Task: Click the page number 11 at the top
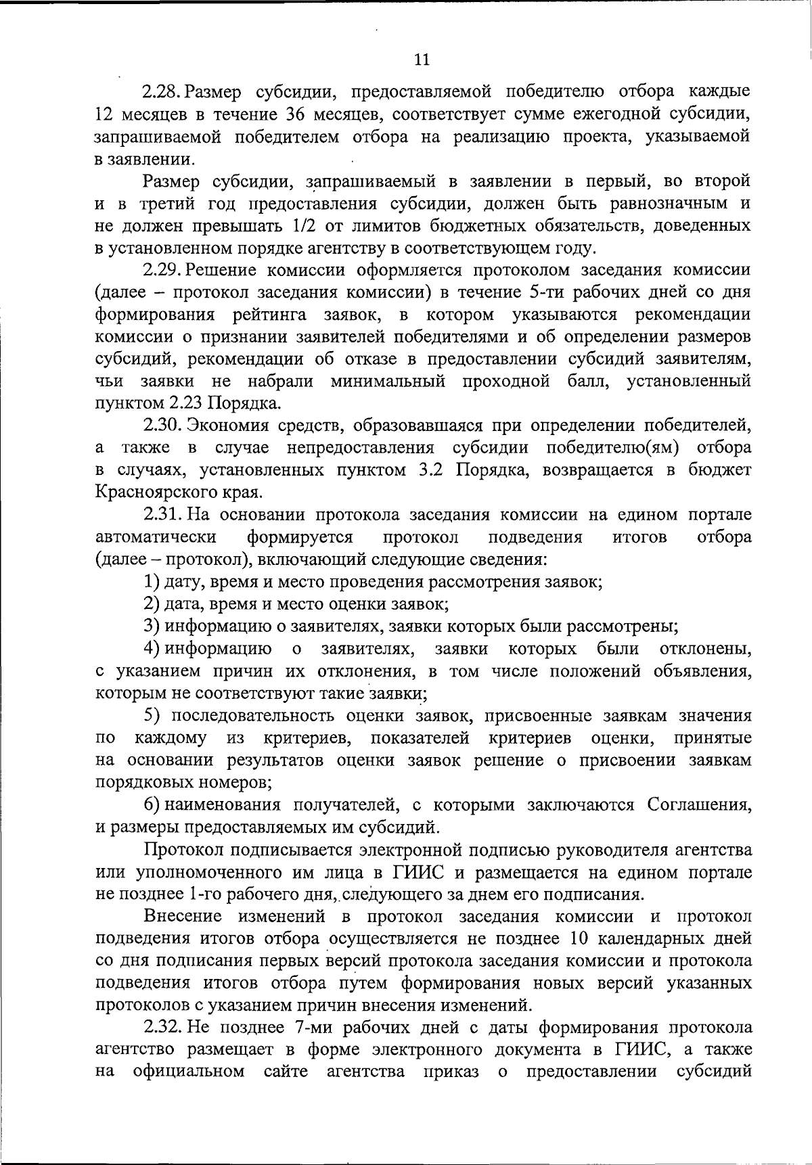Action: pos(421,60)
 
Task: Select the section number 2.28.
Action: pos(162,91)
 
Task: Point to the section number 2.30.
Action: pos(162,426)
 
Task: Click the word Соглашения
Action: pos(699,805)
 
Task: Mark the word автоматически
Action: pos(156,537)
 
